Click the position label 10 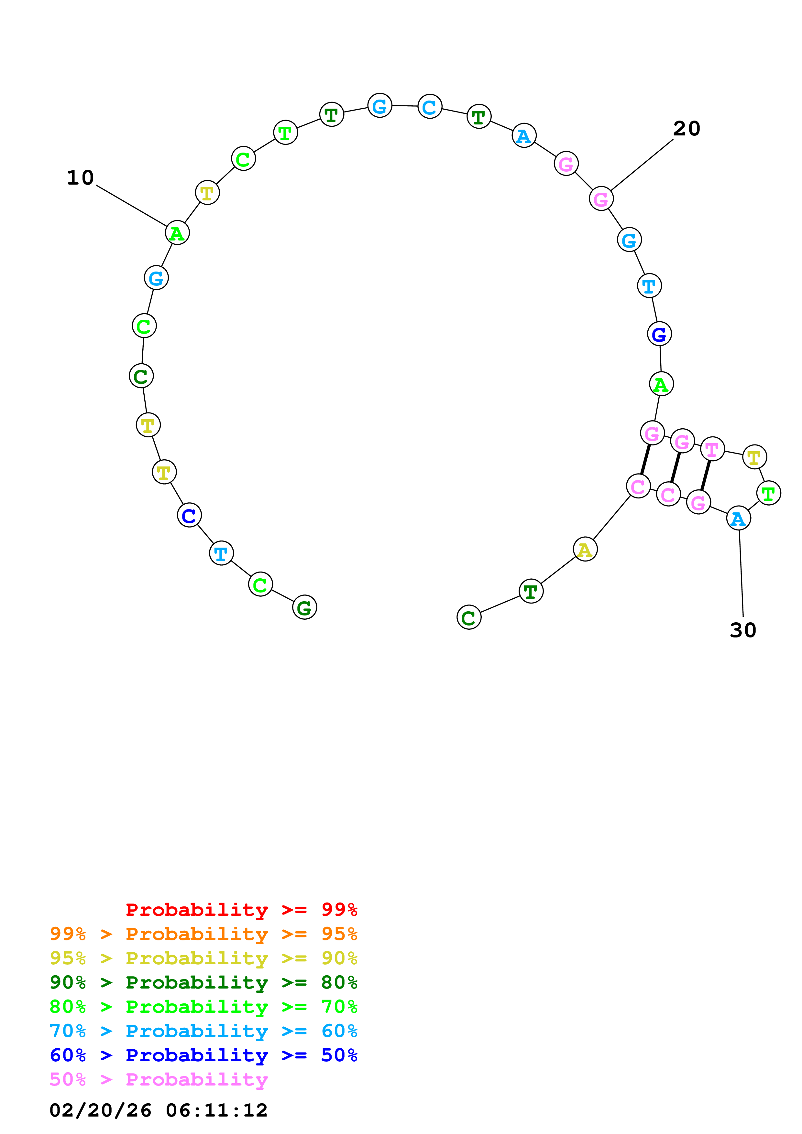(80, 178)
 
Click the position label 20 (687, 129)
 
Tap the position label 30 (743, 630)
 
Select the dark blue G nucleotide (659, 334)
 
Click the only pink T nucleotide (712, 449)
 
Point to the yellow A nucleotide (585, 549)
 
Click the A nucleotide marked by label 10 (177, 233)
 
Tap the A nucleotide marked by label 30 (738, 519)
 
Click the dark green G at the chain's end (304, 607)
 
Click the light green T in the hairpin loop (768, 493)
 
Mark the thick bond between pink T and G (706, 476)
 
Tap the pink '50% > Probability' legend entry (159, 1079)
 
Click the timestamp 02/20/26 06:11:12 (159, 1110)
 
